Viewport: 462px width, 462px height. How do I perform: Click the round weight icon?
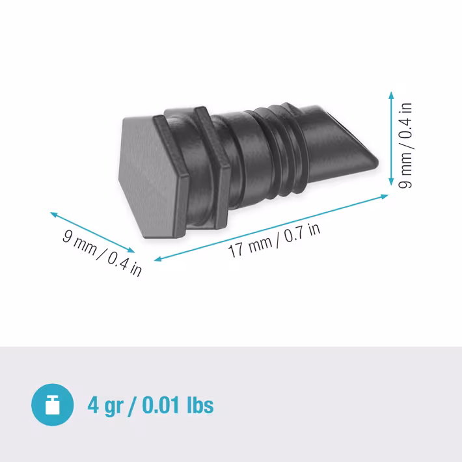[53, 405]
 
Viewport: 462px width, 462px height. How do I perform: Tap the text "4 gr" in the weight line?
[105, 406]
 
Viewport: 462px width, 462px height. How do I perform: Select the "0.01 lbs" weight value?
[178, 405]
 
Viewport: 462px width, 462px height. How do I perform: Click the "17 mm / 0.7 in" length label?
[274, 240]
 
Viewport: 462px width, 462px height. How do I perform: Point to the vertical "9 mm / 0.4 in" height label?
[405, 146]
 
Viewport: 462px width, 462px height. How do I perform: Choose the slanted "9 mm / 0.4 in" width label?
[102, 253]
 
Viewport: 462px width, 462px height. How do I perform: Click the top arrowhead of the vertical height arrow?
[391, 95]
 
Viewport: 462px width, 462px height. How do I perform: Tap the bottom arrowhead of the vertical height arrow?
[391, 182]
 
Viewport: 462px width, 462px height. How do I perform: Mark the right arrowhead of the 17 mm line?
[385, 197]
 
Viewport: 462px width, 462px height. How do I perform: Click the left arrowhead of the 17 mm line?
[158, 259]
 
